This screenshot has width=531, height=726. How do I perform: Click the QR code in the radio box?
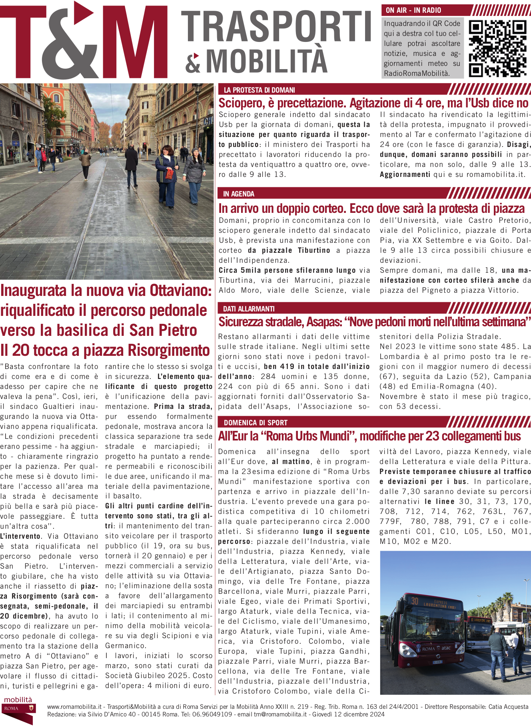(498, 48)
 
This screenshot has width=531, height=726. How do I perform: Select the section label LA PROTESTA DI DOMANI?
(259, 90)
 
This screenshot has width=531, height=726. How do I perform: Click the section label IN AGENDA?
(239, 194)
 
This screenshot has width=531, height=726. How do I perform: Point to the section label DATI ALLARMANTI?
(249, 309)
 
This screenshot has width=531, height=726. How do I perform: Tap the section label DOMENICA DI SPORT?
(256, 423)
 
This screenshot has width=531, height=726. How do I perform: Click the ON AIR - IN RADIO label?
(413, 10)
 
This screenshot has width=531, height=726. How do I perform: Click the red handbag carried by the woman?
(170, 174)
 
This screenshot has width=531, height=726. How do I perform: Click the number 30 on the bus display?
(415, 601)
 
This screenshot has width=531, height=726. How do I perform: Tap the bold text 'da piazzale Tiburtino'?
(289, 250)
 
